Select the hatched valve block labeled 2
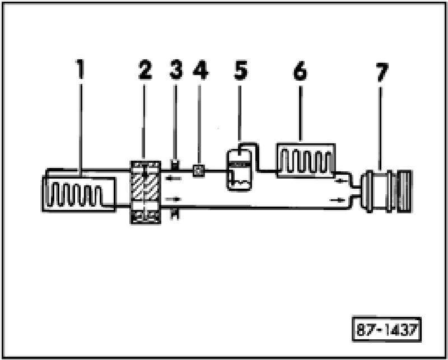point(145,192)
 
